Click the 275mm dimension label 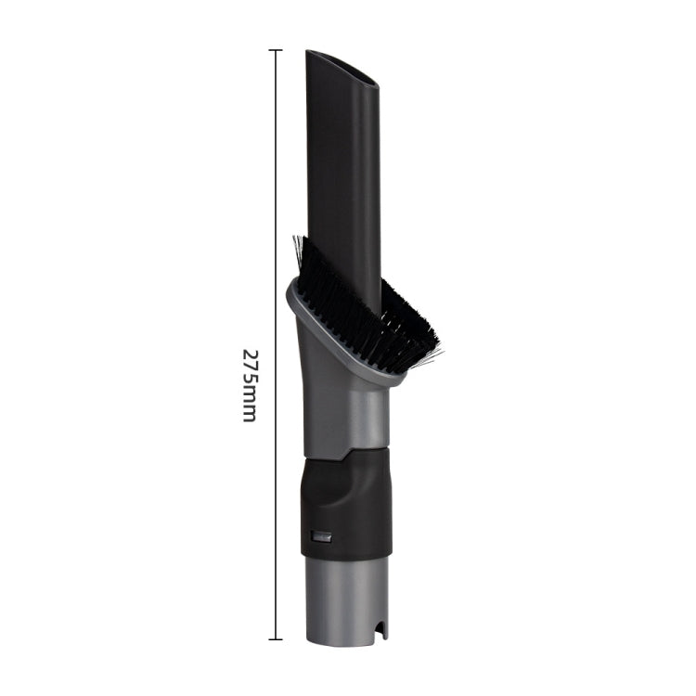click(x=249, y=385)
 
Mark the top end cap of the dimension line click(x=275, y=50)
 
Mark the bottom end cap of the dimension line click(x=275, y=638)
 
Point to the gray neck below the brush click(x=343, y=408)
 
